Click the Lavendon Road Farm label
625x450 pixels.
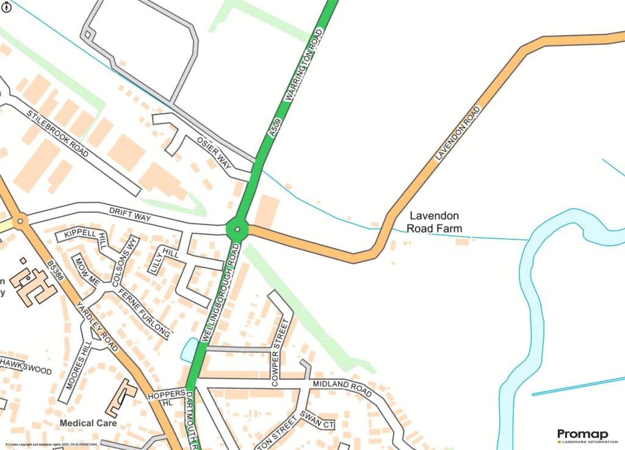point(435,222)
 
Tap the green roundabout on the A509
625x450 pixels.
point(237,229)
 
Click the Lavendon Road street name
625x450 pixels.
point(458,133)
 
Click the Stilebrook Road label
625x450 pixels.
point(58,134)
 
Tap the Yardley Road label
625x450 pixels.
point(97,325)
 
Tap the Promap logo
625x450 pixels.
point(582,435)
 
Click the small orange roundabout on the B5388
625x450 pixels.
point(21,221)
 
